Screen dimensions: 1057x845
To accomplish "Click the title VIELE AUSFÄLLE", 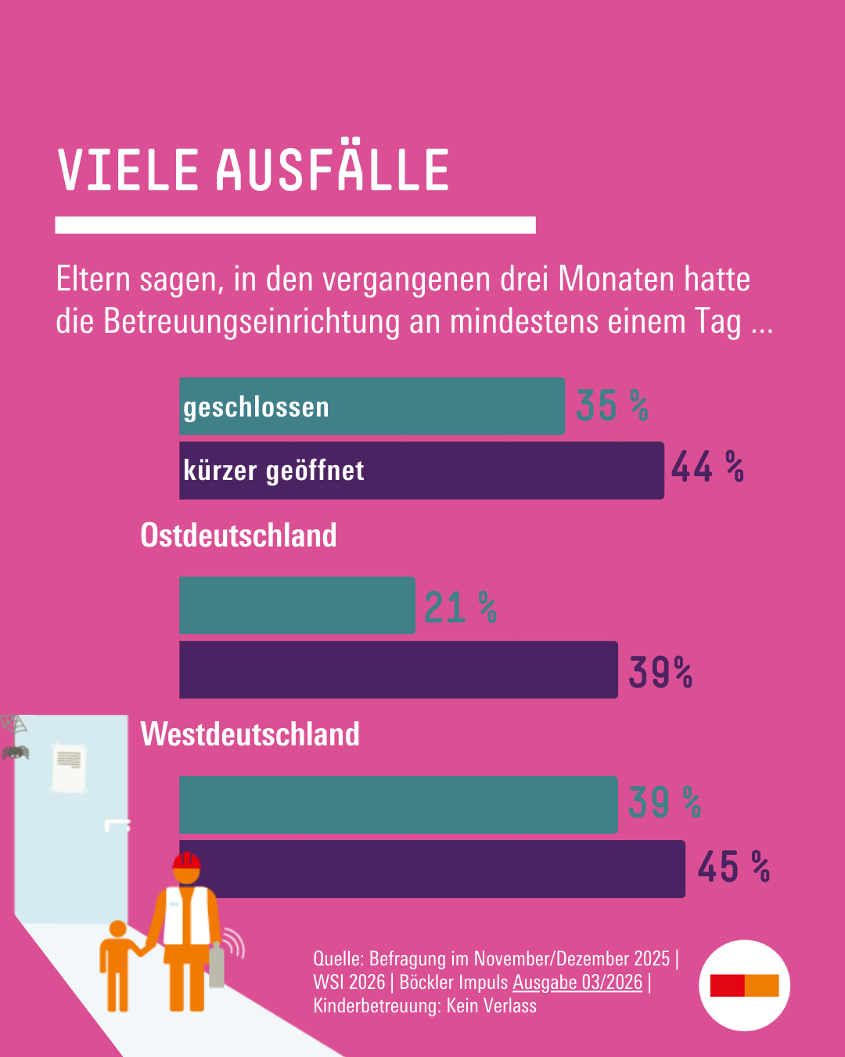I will tap(253, 170).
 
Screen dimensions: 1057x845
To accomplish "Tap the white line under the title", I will tap(295, 225).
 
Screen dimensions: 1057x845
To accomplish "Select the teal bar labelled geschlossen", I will tap(372, 406).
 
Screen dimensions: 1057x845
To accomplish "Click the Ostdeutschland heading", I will tap(239, 536).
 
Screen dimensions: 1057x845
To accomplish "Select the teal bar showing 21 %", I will tap(297, 605).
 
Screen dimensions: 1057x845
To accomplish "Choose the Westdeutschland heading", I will tap(250, 734).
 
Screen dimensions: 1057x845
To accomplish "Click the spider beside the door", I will tap(15, 753).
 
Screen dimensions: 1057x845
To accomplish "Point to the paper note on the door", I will tap(69, 767).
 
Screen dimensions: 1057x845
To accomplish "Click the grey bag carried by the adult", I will tap(217, 966).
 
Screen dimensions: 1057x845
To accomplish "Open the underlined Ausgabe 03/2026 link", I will tap(577, 982).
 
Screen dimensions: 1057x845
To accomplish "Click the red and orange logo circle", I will tap(744, 985).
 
